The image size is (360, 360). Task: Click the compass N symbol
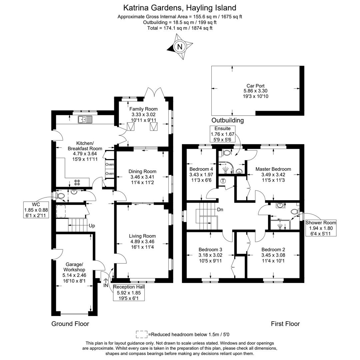[x=180, y=47]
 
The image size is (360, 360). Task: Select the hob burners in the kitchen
[x=77, y=182]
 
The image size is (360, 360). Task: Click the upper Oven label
[x=110, y=164]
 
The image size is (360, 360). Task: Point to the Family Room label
[x=143, y=109]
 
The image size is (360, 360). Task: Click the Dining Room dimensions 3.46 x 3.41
[x=142, y=177]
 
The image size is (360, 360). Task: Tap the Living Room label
[x=142, y=236]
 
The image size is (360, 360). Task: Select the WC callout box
[x=36, y=210]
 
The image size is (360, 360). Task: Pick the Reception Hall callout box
[x=128, y=292]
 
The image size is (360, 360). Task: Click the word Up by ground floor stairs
[x=92, y=226]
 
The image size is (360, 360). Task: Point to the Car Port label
[x=255, y=86]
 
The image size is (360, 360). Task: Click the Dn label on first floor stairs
[x=220, y=210]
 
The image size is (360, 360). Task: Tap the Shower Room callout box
[x=321, y=228]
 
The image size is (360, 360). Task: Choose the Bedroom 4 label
[x=201, y=169]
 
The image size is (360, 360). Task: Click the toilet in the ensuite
[x=227, y=153]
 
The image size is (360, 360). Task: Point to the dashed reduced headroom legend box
[x=141, y=334]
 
